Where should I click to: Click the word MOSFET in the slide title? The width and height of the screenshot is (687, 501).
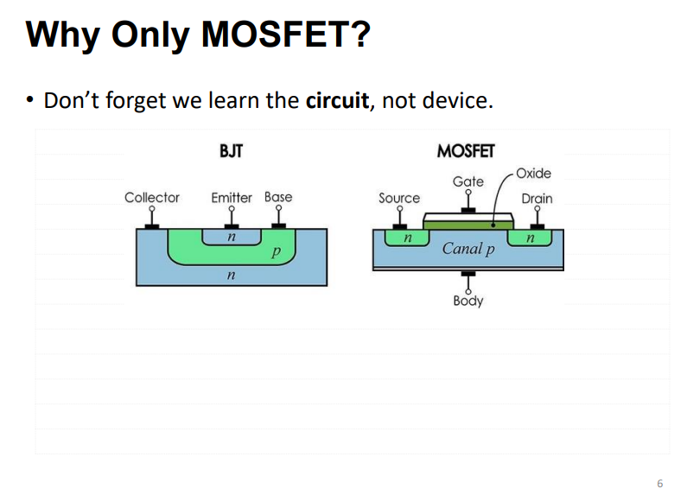pos(285,35)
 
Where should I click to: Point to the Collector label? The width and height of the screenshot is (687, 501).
pos(152,197)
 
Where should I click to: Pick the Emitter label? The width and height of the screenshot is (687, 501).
pos(232,197)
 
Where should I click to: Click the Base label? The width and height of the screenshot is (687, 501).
pos(278,197)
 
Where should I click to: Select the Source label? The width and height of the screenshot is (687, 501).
pos(399,198)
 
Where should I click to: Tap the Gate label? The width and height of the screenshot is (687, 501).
pos(468,181)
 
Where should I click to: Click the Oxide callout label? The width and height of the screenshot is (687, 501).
pos(533,173)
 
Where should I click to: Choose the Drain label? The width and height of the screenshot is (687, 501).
pos(537,198)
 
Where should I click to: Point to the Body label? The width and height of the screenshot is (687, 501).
pos(468,301)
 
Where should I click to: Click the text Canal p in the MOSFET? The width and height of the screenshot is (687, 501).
pos(468,249)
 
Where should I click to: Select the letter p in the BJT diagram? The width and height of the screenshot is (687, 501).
pos(275,252)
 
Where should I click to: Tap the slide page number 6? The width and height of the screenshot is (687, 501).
pos(660,483)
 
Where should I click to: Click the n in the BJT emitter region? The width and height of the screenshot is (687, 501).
pos(231,235)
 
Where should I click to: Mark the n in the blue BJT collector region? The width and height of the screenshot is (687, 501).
pos(229,275)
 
